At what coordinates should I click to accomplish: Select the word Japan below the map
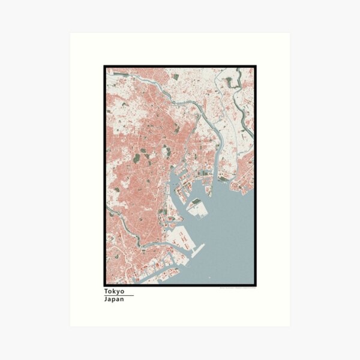114,299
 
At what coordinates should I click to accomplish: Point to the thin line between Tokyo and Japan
118,295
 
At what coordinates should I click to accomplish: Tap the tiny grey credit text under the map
238,288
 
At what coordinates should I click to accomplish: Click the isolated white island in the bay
198,208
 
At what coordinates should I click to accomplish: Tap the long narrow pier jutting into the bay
196,251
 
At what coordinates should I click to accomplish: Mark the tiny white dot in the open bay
209,277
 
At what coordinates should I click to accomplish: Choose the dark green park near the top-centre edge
175,77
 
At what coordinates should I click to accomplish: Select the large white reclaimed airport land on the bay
177,240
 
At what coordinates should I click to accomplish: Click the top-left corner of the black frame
104,66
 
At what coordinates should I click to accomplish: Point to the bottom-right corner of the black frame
255,285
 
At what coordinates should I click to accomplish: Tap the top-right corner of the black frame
255,66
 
